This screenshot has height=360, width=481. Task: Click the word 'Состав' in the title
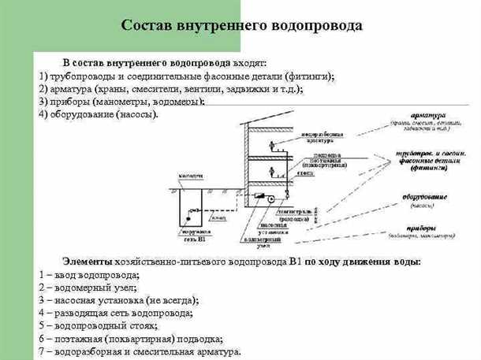coord(147,25)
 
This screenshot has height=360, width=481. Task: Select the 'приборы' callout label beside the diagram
coord(432,227)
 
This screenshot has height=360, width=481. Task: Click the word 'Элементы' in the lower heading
coord(88,261)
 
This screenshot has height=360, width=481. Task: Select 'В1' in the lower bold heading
coord(296,261)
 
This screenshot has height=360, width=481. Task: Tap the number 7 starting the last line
coord(41,352)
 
